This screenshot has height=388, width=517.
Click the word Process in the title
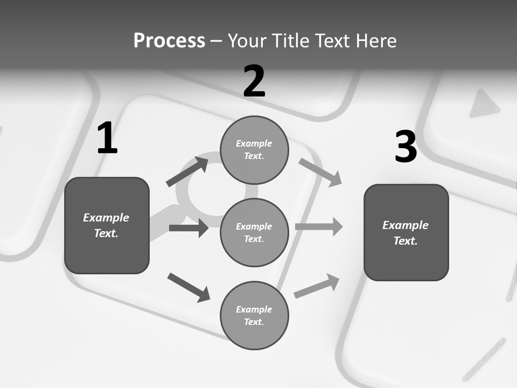pos(169,41)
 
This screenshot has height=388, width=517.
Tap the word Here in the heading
pos(375,41)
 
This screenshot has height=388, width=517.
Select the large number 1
pos(107,138)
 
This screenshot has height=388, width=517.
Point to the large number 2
pos(254,81)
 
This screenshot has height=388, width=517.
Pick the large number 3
pos(406,147)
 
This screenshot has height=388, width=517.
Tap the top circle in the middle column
pos(254,150)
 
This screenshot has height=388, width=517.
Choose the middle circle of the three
pos(254,232)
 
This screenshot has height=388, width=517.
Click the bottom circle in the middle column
pos(254,315)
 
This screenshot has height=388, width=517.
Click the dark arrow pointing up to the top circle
pos(187,171)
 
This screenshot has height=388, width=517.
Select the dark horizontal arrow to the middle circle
pos(188,228)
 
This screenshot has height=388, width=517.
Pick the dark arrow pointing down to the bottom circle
pos(188,287)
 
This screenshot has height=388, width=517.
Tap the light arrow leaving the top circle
pos(320,172)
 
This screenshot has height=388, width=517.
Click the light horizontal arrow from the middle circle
pos(319,227)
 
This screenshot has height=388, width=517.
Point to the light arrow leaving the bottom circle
pos(317,286)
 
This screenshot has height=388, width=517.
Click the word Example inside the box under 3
pos(406,225)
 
